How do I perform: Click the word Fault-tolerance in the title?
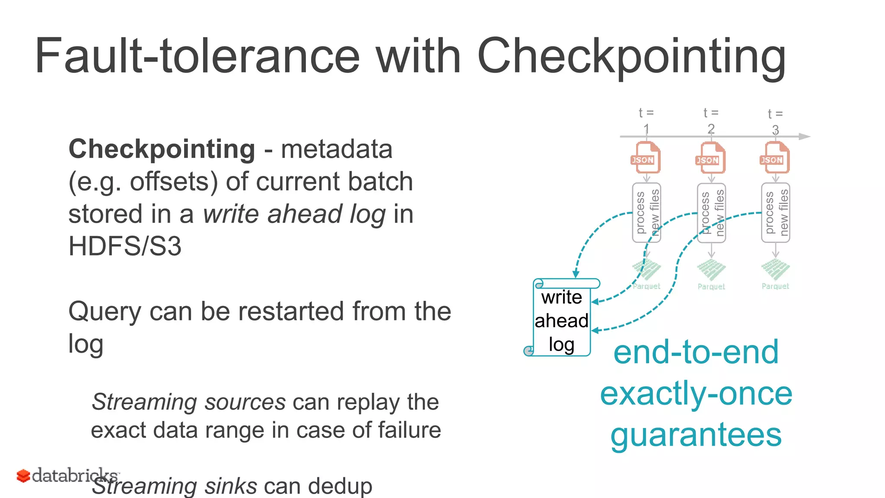[x=197, y=56]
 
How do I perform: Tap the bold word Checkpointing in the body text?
[x=162, y=149]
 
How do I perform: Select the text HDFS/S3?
[x=125, y=246]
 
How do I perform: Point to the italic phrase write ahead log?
[x=294, y=214]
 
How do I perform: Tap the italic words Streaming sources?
[x=188, y=402]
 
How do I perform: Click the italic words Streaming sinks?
[x=175, y=486]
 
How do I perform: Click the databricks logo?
[x=67, y=476]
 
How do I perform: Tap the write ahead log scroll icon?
[x=561, y=318]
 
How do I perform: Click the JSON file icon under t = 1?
[x=646, y=158]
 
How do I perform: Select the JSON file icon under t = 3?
[x=775, y=158]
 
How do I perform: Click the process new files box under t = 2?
[x=711, y=213]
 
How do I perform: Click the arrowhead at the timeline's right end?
[x=805, y=137]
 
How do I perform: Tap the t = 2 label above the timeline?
[x=711, y=120]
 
